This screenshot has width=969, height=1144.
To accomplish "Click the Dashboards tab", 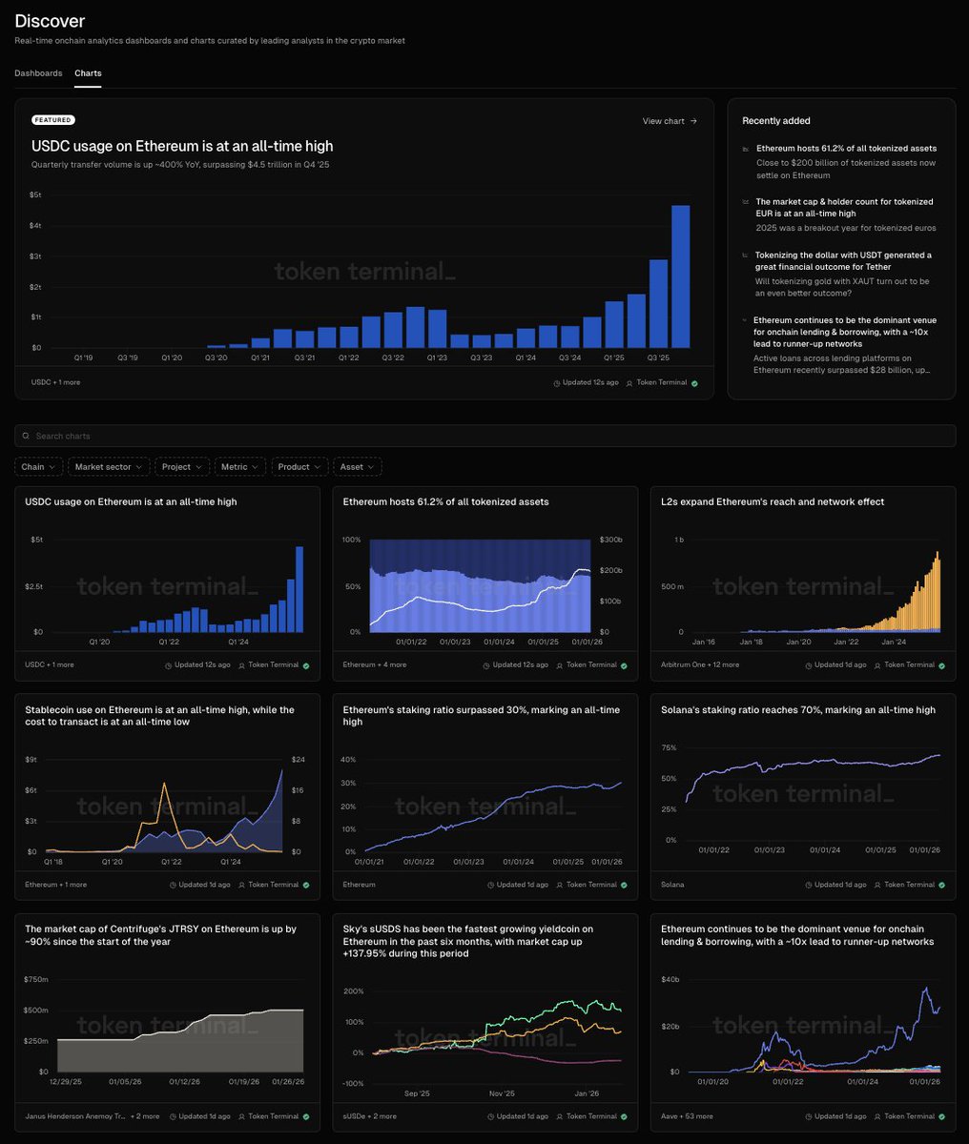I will (x=38, y=73).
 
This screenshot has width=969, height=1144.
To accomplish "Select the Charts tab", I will (x=88, y=73).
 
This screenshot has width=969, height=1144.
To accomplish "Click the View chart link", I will (x=670, y=121).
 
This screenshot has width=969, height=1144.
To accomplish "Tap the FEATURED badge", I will (x=52, y=120).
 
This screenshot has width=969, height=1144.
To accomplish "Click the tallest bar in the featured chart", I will (x=680, y=276).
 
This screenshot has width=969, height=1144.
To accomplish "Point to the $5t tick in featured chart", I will (x=36, y=194).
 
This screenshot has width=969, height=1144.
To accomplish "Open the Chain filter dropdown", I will (x=38, y=467).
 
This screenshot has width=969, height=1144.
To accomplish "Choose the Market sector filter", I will (x=110, y=467).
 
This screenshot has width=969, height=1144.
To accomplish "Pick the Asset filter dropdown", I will (x=357, y=467).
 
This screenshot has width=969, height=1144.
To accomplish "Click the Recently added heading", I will (x=776, y=121).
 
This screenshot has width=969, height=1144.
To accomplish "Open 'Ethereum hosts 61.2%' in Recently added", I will (x=846, y=149).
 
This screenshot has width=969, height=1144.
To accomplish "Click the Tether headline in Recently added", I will (x=843, y=261).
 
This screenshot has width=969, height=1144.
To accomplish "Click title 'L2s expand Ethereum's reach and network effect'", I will (x=773, y=501).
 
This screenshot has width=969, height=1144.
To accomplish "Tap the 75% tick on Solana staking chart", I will (x=670, y=748).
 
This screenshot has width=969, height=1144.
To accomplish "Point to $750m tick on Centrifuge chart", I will (x=36, y=979).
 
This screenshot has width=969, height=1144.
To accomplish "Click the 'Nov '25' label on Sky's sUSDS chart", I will (x=502, y=1093).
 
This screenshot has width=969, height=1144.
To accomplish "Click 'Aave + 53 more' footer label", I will (x=687, y=1116).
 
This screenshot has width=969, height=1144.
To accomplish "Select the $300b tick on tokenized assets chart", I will (x=609, y=540).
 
